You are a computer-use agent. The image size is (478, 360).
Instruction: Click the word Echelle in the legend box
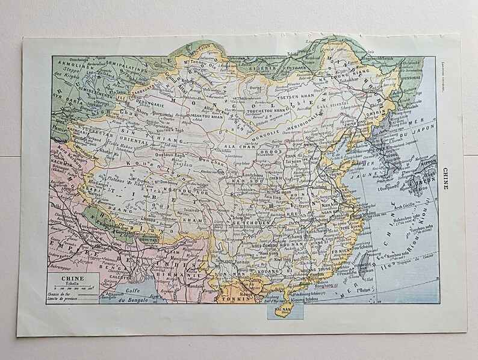pos(73,284)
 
